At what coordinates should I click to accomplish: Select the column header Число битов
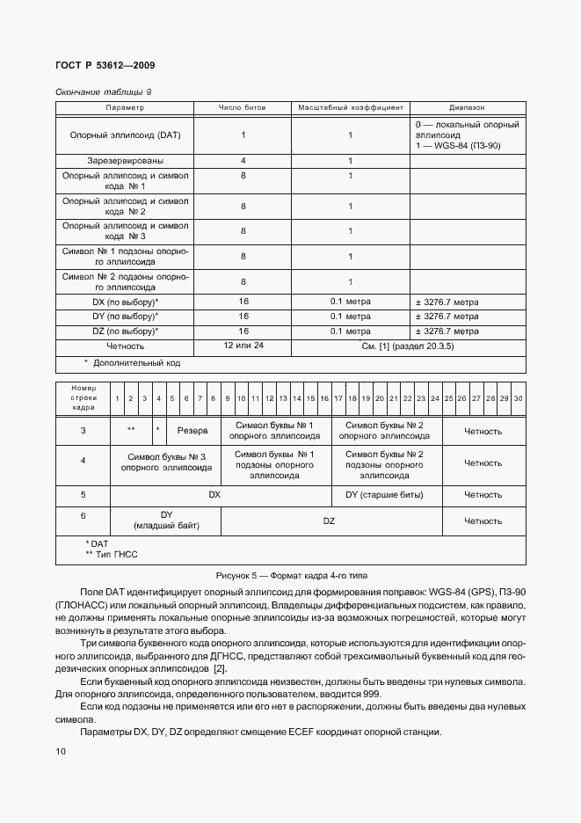tap(243, 107)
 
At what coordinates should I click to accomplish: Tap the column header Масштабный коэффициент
tap(350, 107)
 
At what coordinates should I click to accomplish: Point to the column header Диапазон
tap(467, 107)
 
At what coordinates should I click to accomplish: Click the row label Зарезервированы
tap(125, 162)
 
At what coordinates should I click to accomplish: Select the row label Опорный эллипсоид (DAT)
tap(125, 135)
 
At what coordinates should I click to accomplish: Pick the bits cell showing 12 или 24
tap(243, 346)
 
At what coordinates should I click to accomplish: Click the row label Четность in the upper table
tap(125, 346)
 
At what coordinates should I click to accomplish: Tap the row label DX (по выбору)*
tap(125, 302)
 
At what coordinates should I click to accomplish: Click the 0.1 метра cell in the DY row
tap(350, 317)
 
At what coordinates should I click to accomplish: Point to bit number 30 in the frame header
tap(519, 399)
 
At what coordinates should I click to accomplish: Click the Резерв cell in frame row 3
tap(192, 431)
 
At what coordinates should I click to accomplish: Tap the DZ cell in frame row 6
tap(329, 521)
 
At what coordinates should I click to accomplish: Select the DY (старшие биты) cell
tap(385, 494)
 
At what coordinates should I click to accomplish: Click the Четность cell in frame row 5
tap(483, 494)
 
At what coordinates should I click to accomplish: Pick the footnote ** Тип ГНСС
tap(112, 555)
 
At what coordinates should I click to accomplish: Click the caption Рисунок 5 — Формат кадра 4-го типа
tap(290, 575)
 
